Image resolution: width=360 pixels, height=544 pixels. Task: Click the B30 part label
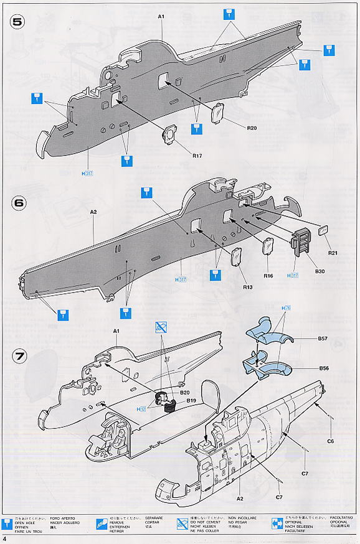(x=320, y=272)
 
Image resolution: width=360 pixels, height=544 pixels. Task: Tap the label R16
(x=268, y=276)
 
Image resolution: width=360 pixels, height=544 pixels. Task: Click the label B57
(x=323, y=339)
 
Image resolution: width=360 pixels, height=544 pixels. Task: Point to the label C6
(x=331, y=441)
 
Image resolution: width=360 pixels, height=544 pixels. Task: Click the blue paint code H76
(x=287, y=308)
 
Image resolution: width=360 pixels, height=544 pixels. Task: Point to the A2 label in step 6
(x=93, y=212)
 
